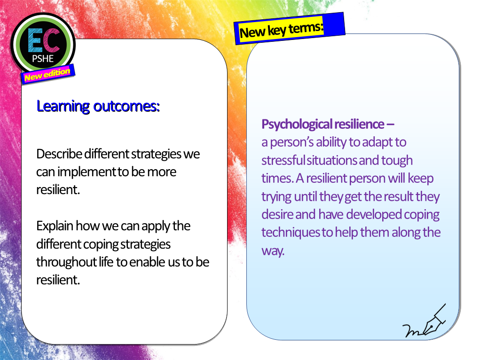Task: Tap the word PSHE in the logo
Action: point(43,59)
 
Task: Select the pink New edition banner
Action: point(47,74)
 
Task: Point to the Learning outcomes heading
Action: point(98,106)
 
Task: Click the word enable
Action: point(144,262)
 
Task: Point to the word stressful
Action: point(283,160)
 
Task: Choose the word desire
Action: point(277,214)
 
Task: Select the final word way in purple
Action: point(273,251)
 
